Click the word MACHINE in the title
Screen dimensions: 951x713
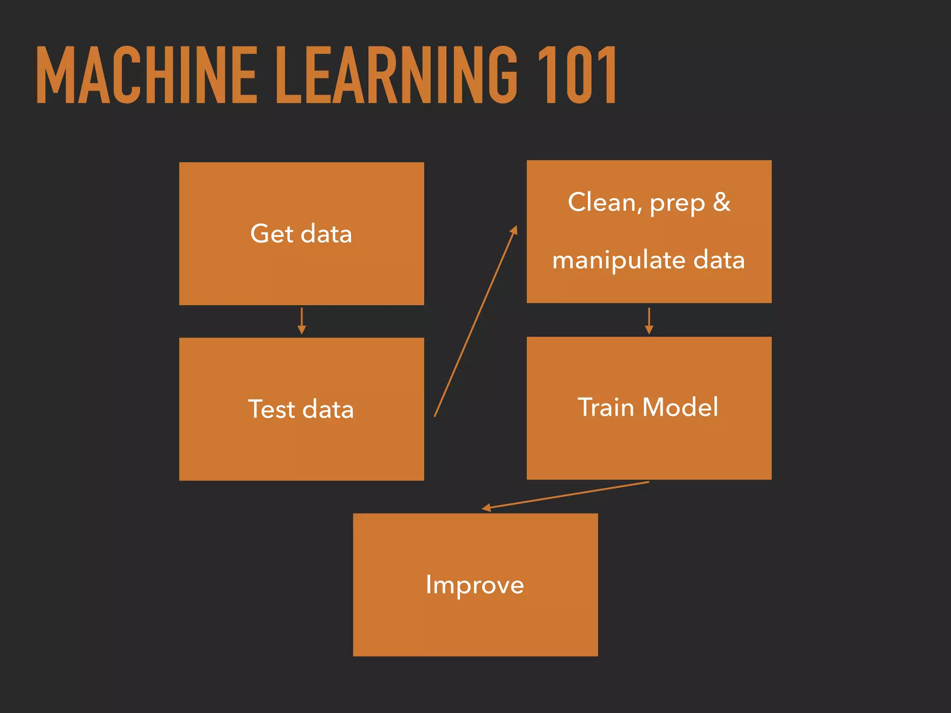click(x=146, y=75)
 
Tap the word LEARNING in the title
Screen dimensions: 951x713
click(x=396, y=75)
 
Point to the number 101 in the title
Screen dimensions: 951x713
click(x=577, y=75)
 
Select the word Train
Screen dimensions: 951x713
click(x=606, y=407)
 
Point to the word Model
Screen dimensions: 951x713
click(x=680, y=407)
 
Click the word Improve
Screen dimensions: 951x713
click(x=475, y=585)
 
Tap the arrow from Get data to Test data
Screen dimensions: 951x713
click(x=302, y=320)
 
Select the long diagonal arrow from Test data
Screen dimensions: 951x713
click(x=475, y=321)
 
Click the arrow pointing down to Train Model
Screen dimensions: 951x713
click(x=649, y=320)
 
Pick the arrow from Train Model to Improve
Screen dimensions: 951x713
click(x=566, y=495)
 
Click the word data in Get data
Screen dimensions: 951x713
click(x=326, y=233)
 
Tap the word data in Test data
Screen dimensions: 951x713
click(x=328, y=409)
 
